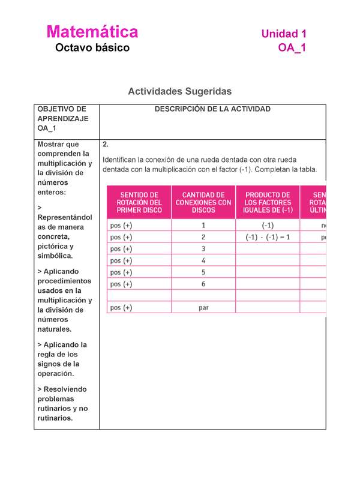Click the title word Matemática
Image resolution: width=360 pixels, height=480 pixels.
[x=92, y=32]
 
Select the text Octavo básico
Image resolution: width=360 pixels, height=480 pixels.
[x=92, y=48]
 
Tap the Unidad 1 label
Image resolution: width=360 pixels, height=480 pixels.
[x=284, y=34]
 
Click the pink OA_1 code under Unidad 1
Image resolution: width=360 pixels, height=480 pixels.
[x=292, y=48]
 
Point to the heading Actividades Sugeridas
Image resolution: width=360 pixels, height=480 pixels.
[x=179, y=91]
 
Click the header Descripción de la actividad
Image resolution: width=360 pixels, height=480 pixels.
[x=212, y=109]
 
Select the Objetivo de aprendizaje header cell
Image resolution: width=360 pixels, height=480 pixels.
[x=62, y=119]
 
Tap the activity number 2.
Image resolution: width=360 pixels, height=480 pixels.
[x=106, y=145]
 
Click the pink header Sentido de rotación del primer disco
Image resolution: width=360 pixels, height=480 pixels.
[x=139, y=202]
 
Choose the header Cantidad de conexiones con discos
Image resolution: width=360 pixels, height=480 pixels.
[x=203, y=202]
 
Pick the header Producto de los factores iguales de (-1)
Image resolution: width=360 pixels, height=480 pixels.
[x=268, y=202]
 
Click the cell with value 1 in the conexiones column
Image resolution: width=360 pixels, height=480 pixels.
[x=203, y=226]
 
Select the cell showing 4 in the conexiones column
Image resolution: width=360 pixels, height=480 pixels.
[x=203, y=260]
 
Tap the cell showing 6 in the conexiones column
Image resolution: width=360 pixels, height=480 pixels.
[x=203, y=284]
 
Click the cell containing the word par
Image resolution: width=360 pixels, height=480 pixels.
[x=203, y=308]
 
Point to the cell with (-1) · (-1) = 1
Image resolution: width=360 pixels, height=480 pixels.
[x=268, y=237]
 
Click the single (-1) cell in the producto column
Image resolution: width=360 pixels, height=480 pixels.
[x=268, y=226]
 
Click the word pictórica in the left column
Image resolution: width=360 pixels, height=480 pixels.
[x=55, y=247]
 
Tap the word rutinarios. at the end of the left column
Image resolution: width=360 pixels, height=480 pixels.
[x=55, y=418]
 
